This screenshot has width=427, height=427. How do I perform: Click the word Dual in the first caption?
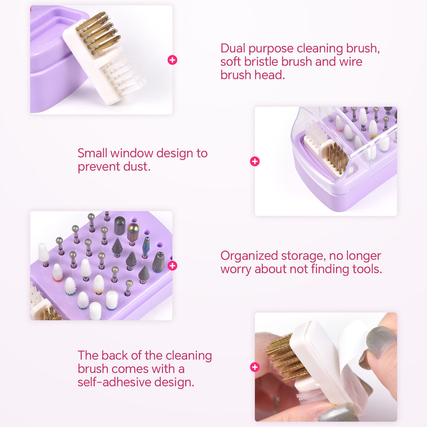pyautogui.click(x=233, y=48)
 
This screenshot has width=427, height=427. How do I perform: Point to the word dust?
pyautogui.click(x=137, y=166)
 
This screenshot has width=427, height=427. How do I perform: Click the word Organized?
pyautogui.click(x=249, y=256)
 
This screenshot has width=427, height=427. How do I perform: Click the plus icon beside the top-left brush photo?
pyautogui.click(x=173, y=60)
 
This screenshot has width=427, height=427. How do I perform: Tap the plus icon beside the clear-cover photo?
pyautogui.click(x=255, y=161)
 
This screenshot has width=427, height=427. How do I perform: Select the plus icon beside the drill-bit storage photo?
pyautogui.click(x=173, y=266)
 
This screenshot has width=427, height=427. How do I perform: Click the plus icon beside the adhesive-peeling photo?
pyautogui.click(x=255, y=367)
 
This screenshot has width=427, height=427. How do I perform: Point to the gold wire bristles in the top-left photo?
pyautogui.click(x=97, y=32)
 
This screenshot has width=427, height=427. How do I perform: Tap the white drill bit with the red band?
pyautogui.click(x=57, y=273)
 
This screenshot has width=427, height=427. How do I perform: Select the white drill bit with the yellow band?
pyautogui.click(x=99, y=285)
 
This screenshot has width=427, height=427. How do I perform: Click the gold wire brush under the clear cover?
pyautogui.click(x=337, y=158)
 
